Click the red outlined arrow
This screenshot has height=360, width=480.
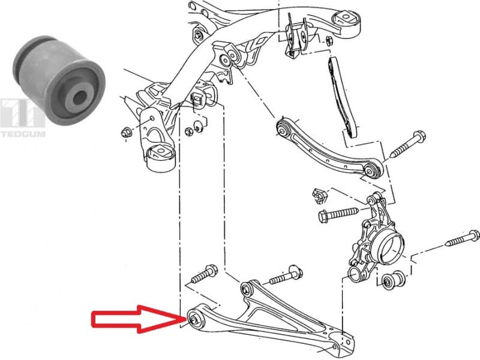135,319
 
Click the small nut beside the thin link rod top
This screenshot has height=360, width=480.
329,41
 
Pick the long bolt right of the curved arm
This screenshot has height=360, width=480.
408,144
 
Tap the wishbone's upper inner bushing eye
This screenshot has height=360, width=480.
247,291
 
